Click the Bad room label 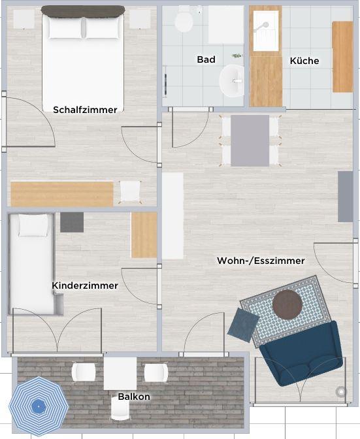click(x=206, y=59)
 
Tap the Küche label click(x=304, y=61)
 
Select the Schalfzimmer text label click(x=85, y=110)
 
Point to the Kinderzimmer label click(x=85, y=285)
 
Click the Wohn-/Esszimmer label click(x=261, y=261)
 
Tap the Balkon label click(x=134, y=397)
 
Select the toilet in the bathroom click(x=184, y=19)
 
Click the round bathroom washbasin click(x=231, y=80)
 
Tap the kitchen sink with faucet click(x=266, y=31)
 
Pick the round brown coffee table click(x=287, y=304)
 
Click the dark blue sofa click(x=301, y=353)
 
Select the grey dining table click(x=250, y=140)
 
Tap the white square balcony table click(x=120, y=374)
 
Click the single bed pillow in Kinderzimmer click(x=33, y=225)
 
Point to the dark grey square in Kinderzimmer click(x=72, y=222)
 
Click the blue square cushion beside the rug click(x=243, y=325)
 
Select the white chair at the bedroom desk click(x=130, y=191)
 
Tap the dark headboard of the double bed click(x=83, y=11)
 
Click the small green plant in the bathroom click(x=237, y=56)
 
